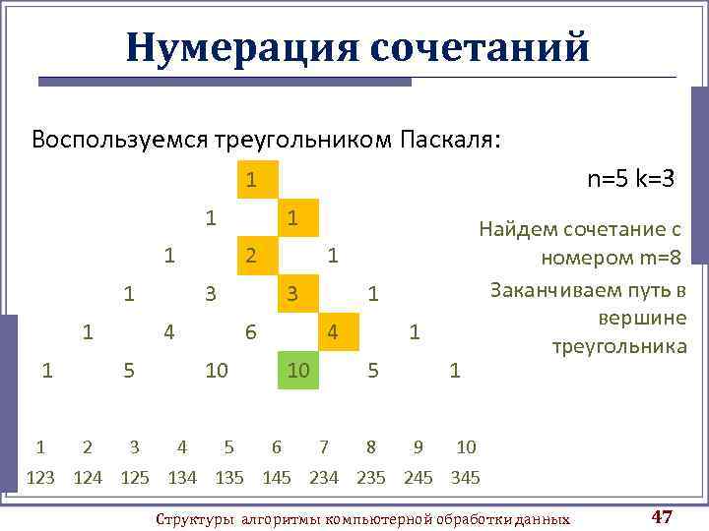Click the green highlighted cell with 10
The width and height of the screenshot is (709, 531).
(297, 369)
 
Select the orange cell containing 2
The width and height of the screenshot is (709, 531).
(252, 256)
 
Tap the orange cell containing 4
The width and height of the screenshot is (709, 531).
(333, 332)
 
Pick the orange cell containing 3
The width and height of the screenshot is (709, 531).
(292, 293)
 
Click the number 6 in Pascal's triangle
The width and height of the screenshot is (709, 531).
(251, 332)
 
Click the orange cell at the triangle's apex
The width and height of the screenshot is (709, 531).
(252, 180)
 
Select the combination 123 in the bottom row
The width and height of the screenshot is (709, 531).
(40, 478)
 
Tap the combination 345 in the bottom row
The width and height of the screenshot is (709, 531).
(466, 478)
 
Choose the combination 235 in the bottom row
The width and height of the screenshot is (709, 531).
(371, 478)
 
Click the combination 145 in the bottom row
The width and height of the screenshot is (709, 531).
(277, 478)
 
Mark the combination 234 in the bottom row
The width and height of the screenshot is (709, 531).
(324, 478)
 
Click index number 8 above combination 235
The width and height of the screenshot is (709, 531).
(371, 447)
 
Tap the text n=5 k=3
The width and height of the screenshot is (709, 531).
(630, 179)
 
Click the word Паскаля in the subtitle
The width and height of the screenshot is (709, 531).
(450, 139)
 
